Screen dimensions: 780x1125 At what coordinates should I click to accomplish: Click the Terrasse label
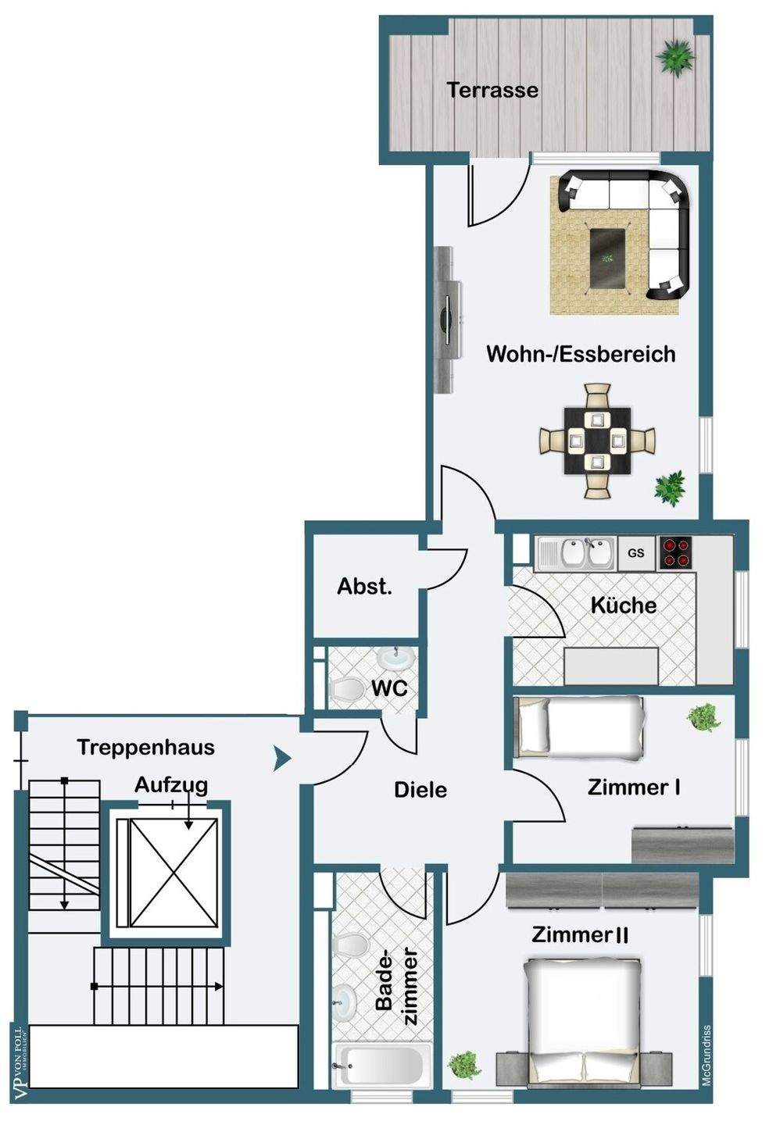point(492,90)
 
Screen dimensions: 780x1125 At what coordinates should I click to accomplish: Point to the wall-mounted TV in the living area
point(447,320)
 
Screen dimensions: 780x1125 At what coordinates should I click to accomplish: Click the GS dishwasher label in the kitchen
point(636,553)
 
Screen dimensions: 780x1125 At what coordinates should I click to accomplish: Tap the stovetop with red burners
point(676,552)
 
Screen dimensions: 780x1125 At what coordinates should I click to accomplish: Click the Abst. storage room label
point(364,587)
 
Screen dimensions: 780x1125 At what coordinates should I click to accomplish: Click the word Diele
point(420,790)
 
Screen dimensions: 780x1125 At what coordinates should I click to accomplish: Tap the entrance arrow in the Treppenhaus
point(282,758)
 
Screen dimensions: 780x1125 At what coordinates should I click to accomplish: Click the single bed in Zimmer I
point(580,728)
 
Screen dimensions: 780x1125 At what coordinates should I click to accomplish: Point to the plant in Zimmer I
point(703,717)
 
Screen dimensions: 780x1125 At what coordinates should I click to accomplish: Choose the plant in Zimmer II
point(463,1065)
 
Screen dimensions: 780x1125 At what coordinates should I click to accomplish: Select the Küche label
point(623,605)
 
